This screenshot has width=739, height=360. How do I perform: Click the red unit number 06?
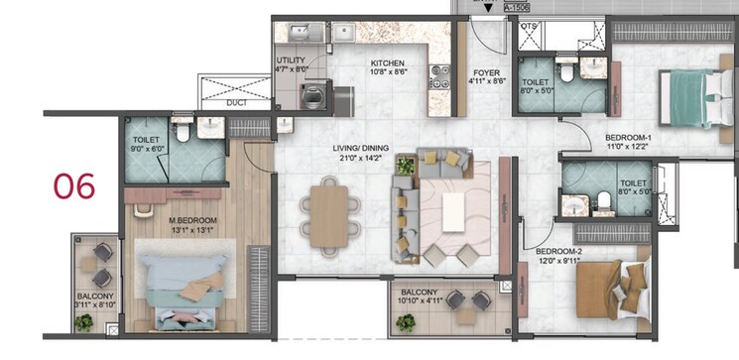click(73, 185)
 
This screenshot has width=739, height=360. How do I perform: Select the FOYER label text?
click(485, 73)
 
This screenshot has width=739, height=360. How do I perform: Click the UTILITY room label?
click(291, 61)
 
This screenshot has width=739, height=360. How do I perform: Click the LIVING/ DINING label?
click(360, 149)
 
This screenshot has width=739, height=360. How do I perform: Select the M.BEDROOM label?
click(186, 220)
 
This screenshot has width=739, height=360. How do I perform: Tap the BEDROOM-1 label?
click(628, 137)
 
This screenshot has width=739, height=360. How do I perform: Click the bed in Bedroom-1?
click(694, 98)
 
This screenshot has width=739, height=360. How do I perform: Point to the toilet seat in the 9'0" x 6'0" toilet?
click(183, 129)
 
